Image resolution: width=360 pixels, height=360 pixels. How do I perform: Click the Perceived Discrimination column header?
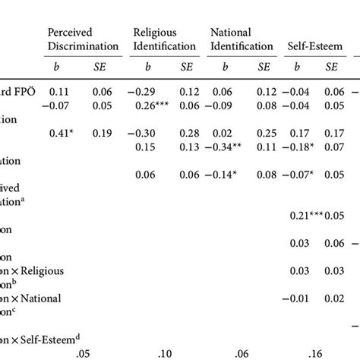coord(80,39)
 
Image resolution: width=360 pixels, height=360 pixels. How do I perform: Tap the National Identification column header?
coord(241,39)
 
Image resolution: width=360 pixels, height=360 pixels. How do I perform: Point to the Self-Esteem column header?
coord(313,46)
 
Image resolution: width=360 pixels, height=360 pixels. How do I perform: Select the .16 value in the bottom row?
coord(313,352)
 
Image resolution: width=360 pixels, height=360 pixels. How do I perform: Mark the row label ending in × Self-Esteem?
coord(34,339)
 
